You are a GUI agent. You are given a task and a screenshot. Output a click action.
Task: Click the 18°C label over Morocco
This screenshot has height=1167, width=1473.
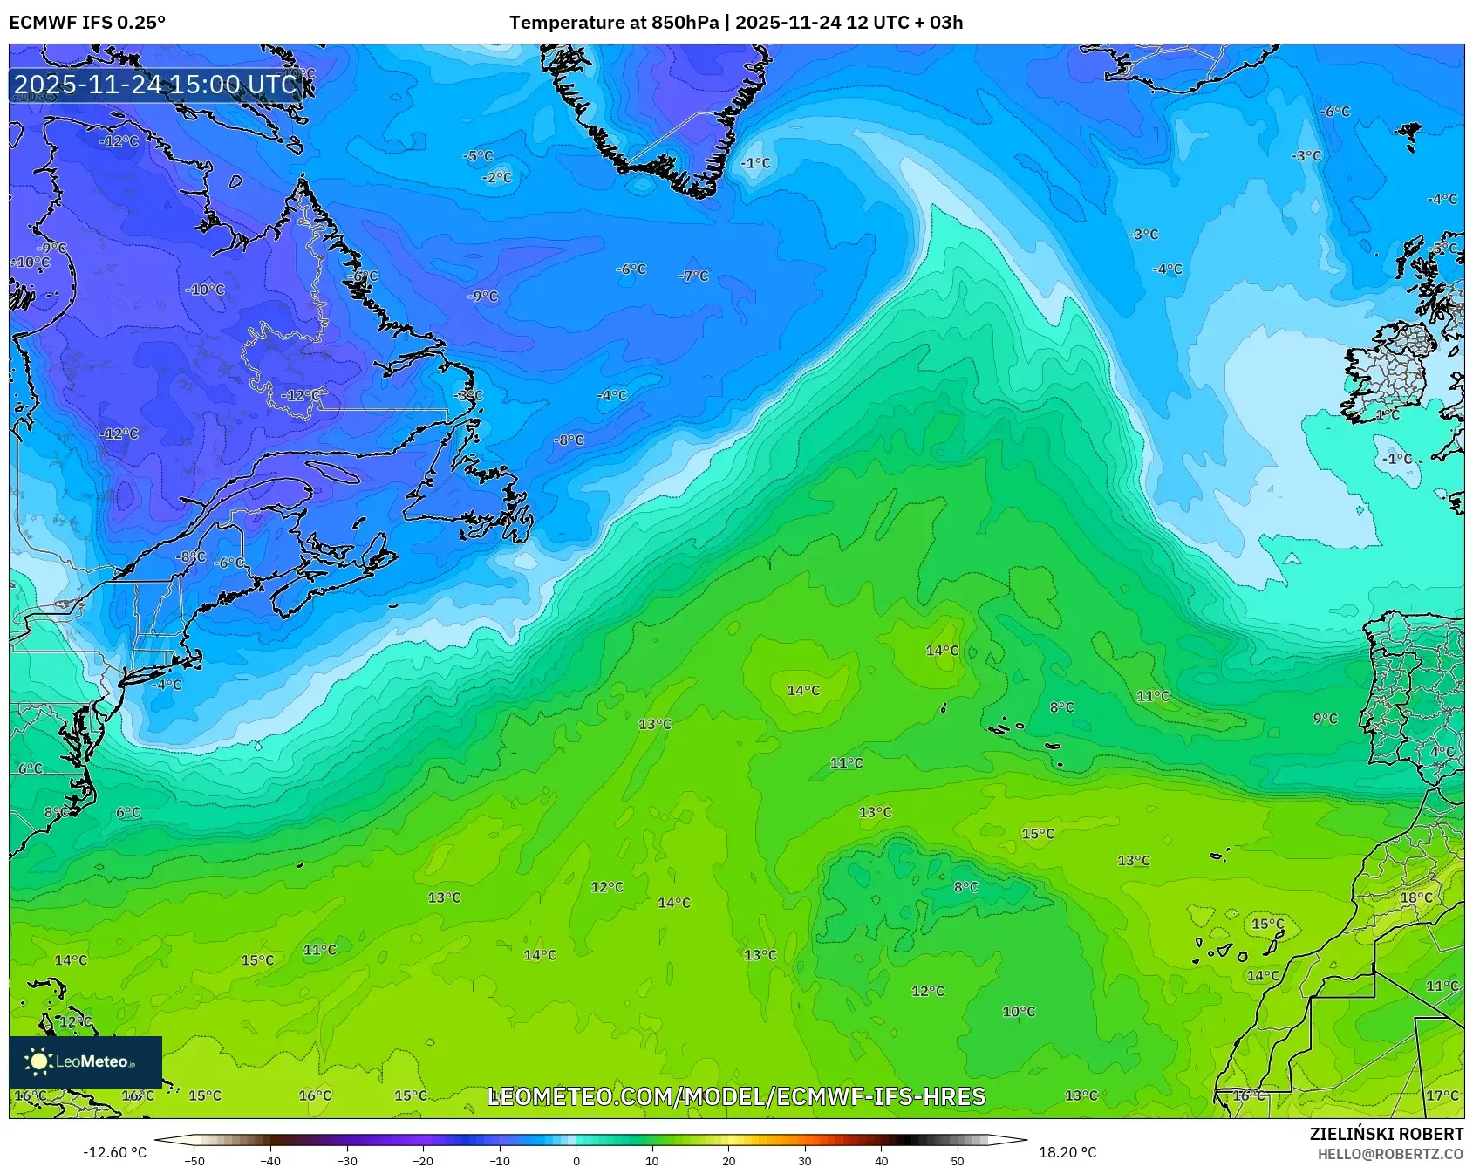coord(1415,897)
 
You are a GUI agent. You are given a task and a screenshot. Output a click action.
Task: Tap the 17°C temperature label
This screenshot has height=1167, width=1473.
coord(1442,1095)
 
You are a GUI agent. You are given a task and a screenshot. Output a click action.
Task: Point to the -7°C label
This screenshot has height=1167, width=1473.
coord(693,276)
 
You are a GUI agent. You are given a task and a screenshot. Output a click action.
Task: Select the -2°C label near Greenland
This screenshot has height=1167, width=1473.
coord(497,177)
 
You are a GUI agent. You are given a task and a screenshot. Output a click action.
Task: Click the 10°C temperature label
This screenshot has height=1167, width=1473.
coord(1019,1012)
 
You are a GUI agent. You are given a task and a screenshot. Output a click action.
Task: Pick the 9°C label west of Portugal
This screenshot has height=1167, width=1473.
coord(1325,719)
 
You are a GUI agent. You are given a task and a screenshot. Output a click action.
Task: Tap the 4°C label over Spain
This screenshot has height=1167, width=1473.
coord(1442,752)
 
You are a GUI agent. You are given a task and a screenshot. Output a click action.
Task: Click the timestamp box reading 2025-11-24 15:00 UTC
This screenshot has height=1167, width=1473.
coord(156,84)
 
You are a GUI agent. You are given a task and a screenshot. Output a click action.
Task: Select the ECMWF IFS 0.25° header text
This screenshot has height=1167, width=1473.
coord(87,23)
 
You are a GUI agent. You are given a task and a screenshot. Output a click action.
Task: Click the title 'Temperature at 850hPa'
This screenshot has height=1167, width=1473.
coord(614,23)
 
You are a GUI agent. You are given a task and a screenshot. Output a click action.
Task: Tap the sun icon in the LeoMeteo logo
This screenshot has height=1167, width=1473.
coord(38,1061)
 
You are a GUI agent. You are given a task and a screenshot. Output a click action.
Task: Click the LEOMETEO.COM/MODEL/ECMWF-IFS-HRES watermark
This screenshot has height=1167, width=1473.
coord(736,1096)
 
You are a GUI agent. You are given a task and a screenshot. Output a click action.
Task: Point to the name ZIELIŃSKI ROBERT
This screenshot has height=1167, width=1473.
coord(1386,1134)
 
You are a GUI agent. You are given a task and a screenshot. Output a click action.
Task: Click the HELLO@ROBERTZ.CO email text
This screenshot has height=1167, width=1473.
coord(1390,1154)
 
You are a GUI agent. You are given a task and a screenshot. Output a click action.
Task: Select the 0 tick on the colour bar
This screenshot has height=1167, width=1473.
coord(576,1160)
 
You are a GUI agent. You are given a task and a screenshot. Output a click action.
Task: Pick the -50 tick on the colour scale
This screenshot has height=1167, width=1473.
coord(194,1160)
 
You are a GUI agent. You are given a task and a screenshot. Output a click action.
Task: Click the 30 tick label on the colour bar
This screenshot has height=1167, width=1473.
coord(804,1160)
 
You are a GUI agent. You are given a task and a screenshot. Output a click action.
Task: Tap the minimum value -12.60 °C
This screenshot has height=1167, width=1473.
coord(114,1152)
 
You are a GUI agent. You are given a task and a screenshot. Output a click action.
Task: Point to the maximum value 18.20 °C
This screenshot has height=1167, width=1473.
coord(1067,1152)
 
